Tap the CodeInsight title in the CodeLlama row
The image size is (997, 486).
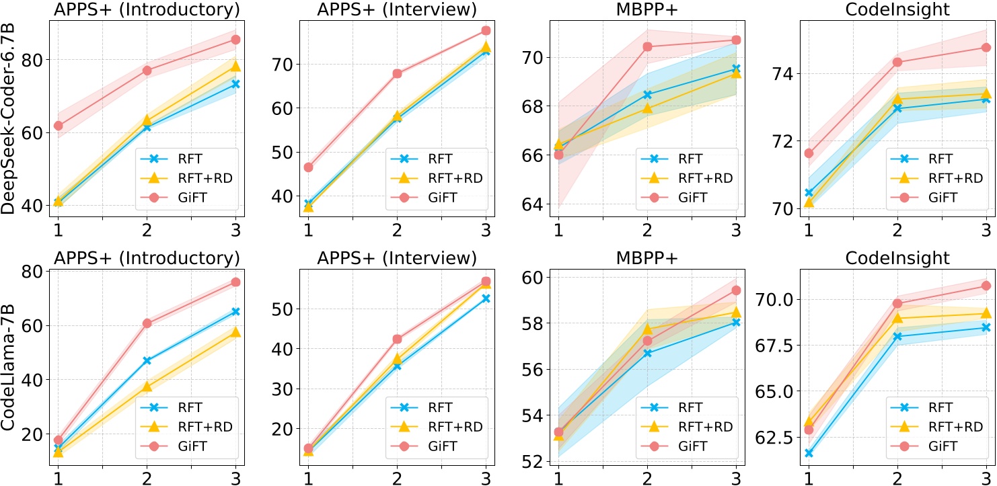click(896, 258)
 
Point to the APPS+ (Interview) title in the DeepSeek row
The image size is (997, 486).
click(397, 9)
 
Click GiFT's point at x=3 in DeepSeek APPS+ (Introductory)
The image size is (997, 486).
click(235, 40)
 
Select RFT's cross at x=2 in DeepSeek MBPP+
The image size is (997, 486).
click(647, 95)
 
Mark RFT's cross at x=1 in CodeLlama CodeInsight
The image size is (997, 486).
click(809, 453)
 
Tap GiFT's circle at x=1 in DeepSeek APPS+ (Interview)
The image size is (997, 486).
click(308, 167)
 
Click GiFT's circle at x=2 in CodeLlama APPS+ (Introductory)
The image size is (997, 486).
click(147, 323)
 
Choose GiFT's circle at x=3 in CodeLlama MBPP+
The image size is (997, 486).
click(736, 290)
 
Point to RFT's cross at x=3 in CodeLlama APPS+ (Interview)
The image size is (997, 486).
click(486, 298)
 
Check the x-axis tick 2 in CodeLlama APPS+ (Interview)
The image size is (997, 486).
click(397, 477)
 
